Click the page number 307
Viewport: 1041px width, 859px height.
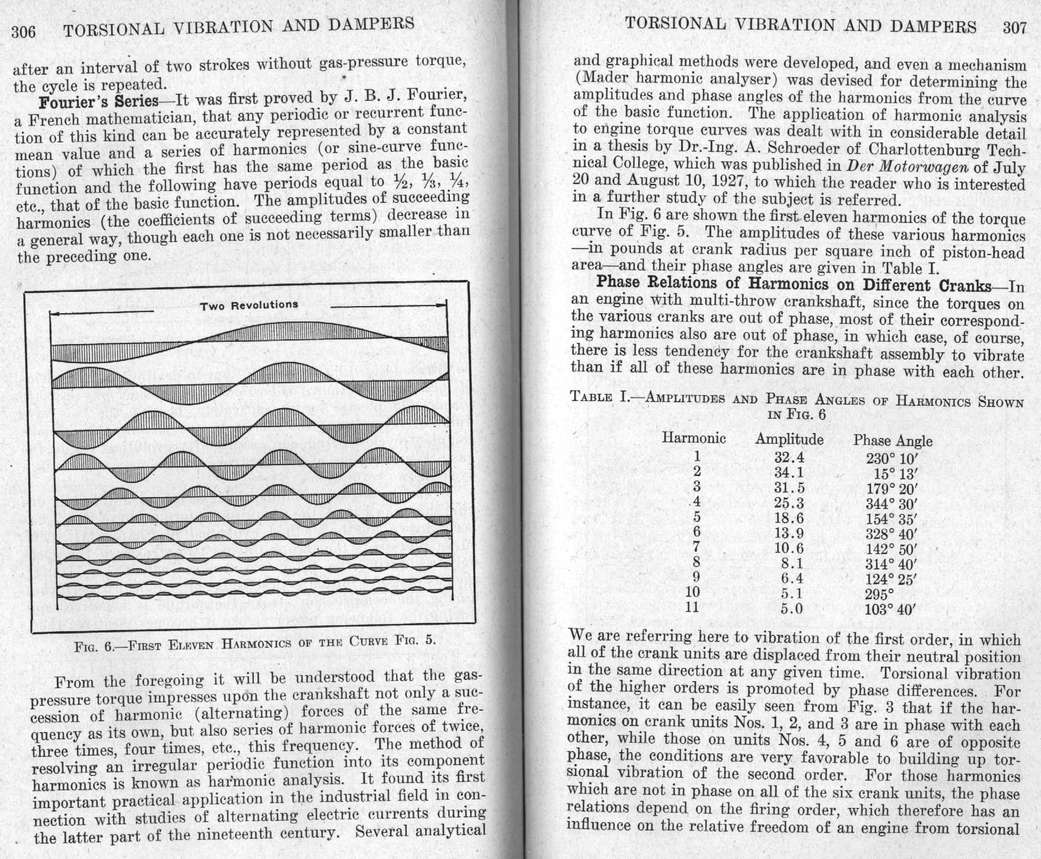[1014, 28]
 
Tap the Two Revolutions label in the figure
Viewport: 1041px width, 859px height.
[249, 306]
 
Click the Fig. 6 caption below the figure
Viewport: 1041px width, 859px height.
[255, 642]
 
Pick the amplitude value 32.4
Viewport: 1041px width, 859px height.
[789, 457]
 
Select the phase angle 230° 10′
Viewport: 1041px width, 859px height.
[891, 459]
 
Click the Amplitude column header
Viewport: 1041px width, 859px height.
[789, 440]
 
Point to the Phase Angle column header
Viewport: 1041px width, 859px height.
[893, 441]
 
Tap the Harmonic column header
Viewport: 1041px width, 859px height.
[694, 438]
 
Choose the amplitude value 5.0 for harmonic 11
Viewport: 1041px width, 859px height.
[791, 609]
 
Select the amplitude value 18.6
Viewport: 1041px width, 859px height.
[789, 518]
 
